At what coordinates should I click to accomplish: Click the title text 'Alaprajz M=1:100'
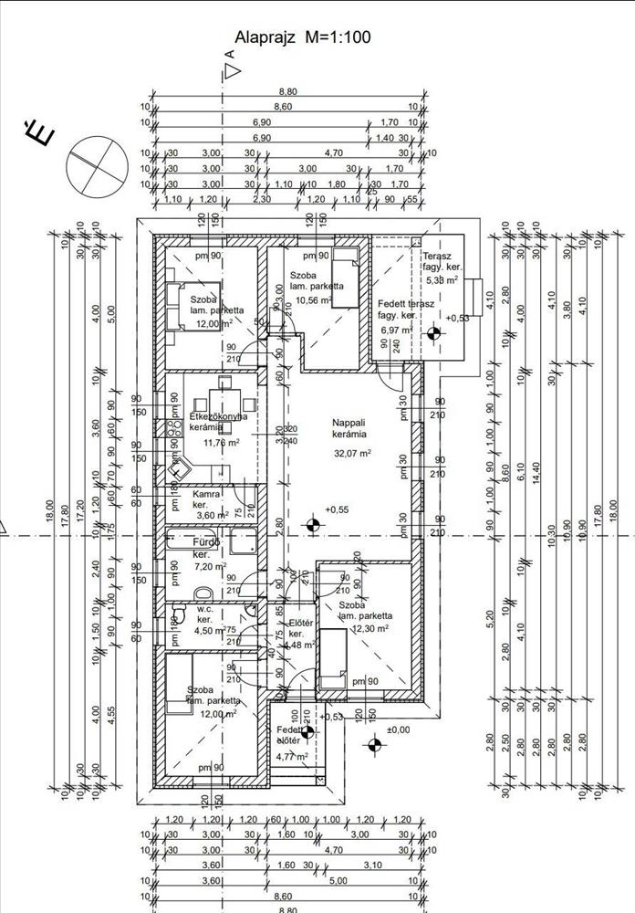click(302, 37)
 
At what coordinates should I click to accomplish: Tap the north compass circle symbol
click(97, 163)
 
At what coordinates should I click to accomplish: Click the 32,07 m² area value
click(352, 453)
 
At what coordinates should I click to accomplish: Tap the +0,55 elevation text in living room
click(338, 509)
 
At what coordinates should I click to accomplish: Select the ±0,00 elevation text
click(398, 729)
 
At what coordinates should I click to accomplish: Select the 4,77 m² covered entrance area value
click(293, 756)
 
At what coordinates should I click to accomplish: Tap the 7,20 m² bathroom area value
click(210, 566)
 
